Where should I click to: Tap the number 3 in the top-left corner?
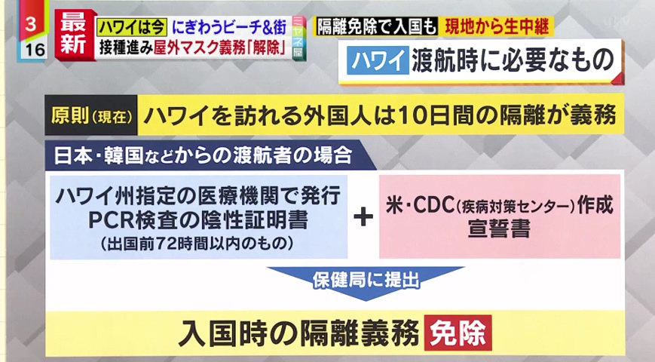click(31, 24)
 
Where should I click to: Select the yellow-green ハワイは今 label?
click(132, 28)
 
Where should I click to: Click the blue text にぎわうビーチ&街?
click(229, 28)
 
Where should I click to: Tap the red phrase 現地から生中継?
click(497, 26)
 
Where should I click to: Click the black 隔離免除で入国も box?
click(376, 26)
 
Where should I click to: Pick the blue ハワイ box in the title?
click(378, 60)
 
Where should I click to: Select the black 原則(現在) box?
click(91, 115)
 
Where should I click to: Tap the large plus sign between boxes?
click(363, 217)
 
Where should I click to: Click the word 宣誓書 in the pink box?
click(499, 229)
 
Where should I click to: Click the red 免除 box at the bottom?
click(458, 333)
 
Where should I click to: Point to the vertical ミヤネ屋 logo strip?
click(299, 38)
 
